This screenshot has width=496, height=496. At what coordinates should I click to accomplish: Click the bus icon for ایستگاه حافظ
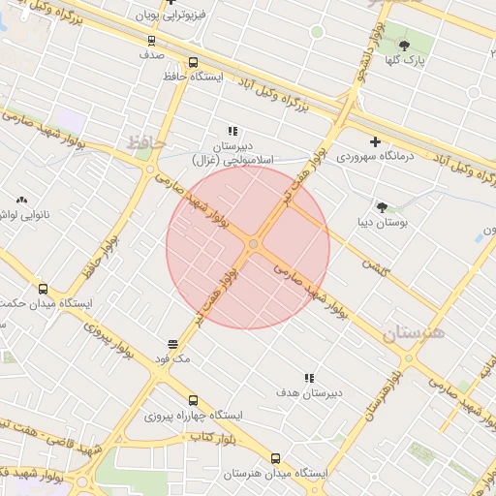193,62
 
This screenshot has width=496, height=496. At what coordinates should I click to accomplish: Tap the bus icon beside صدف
151,41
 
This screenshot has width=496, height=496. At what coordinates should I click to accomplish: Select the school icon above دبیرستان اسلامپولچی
232,130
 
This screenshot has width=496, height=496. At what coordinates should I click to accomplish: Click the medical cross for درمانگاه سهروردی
375,141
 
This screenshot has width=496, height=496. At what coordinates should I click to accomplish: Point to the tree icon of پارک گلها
404,46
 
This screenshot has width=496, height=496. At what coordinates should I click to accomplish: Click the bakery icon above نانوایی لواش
21,200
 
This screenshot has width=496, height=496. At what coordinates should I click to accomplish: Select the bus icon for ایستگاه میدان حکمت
43,289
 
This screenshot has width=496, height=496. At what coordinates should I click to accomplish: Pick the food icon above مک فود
172,344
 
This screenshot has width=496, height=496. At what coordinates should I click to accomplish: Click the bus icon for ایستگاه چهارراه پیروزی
193,400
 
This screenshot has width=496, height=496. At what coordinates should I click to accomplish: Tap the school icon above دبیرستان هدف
309,378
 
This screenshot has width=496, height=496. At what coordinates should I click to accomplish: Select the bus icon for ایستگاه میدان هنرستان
276,458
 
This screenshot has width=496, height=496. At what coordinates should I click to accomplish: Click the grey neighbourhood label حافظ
145,143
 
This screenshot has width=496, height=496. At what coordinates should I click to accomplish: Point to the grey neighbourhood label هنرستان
413,334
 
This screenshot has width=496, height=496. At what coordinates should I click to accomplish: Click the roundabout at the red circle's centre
253,245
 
